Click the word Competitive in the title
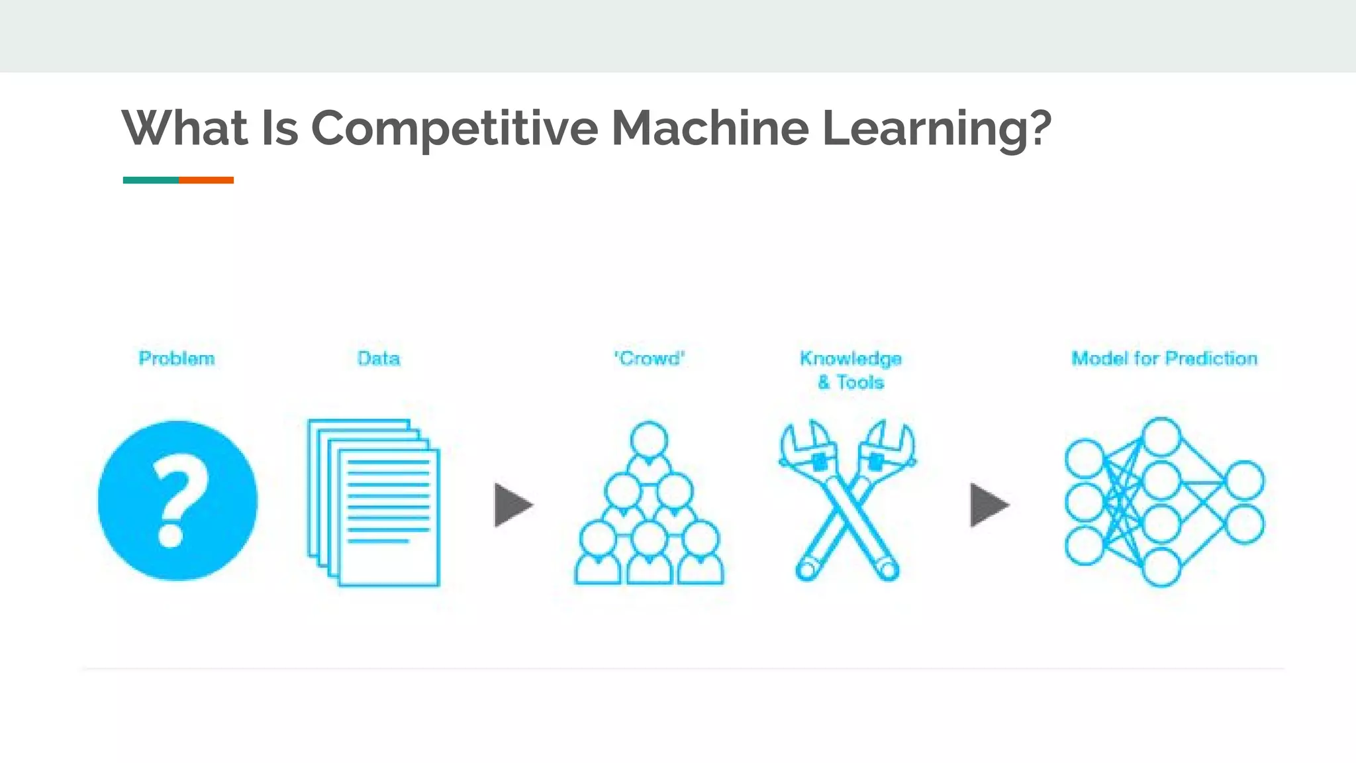pyautogui.click(x=454, y=128)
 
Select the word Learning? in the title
pyautogui.click(x=936, y=128)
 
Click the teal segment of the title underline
pyautogui.click(x=150, y=180)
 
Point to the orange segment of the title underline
pyautogui.click(x=206, y=180)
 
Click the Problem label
pyautogui.click(x=177, y=358)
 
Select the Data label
pyautogui.click(x=378, y=358)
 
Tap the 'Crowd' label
pyautogui.click(x=649, y=358)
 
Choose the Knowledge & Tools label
pyautogui.click(x=850, y=370)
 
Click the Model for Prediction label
pyautogui.click(x=1164, y=358)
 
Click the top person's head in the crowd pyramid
pyautogui.click(x=649, y=440)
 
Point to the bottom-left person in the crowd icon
pyautogui.click(x=598, y=553)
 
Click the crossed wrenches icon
pyautogui.click(x=847, y=501)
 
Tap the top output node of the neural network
pyautogui.click(x=1245, y=480)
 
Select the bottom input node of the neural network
pyautogui.click(x=1085, y=546)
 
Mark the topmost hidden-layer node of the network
pyautogui.click(x=1161, y=436)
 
